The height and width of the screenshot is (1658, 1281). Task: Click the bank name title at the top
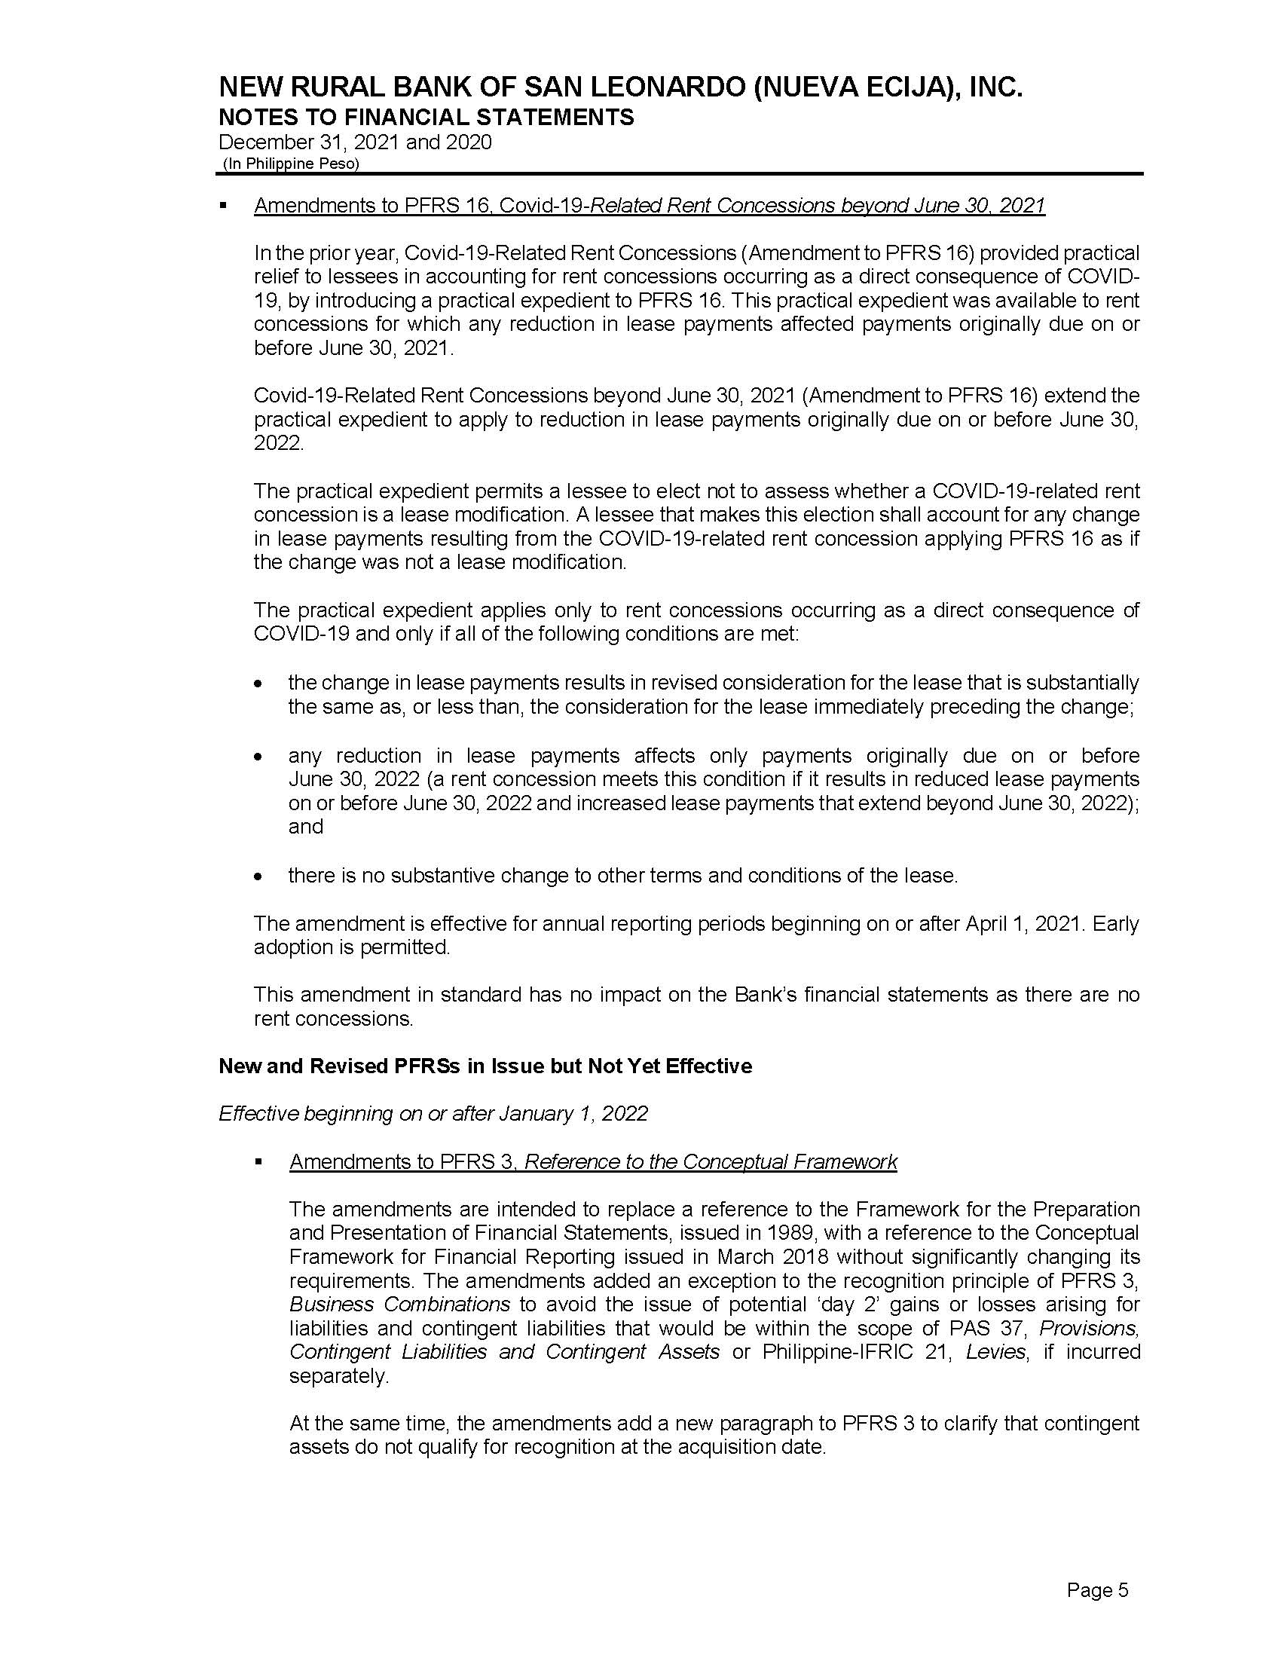(620, 89)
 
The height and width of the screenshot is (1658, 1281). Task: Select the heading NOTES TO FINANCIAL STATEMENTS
(426, 118)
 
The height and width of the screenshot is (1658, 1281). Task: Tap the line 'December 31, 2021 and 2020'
(354, 142)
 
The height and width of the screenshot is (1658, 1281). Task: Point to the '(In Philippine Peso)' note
(291, 164)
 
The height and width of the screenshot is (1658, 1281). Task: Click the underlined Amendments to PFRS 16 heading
(649, 206)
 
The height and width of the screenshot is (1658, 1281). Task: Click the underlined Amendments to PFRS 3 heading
(593, 1161)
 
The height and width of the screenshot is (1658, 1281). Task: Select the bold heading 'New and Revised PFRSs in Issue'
(485, 1066)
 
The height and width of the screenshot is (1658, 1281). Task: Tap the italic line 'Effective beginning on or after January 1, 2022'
(433, 1114)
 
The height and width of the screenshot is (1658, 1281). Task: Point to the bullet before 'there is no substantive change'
(259, 876)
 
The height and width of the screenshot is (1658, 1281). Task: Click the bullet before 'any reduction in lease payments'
(259, 757)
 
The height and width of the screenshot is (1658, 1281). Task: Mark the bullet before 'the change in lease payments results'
(259, 685)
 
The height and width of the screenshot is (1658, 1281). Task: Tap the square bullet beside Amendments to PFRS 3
(258, 1162)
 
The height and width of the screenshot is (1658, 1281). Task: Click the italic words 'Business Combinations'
(400, 1305)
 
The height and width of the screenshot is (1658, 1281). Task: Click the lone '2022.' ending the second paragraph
(279, 443)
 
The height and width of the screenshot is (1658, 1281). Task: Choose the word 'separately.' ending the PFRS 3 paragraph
(338, 1376)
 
